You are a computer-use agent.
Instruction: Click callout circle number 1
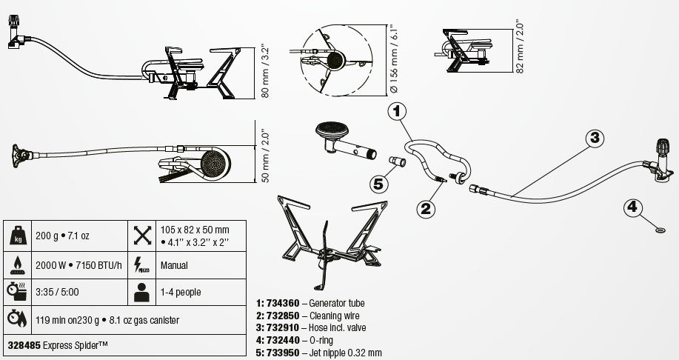(x=397, y=111)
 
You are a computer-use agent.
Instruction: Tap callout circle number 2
(x=426, y=209)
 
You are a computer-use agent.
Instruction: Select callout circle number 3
(x=595, y=138)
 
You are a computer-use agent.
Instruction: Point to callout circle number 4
(x=632, y=207)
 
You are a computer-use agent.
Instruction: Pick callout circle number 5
(x=379, y=184)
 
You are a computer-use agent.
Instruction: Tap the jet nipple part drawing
(x=397, y=161)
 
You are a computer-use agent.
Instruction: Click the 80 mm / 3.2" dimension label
(x=265, y=73)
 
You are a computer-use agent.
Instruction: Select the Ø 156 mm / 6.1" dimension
(x=394, y=59)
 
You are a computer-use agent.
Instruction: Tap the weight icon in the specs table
(x=17, y=236)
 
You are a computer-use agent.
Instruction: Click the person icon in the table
(x=141, y=293)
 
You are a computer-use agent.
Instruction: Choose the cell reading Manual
(x=174, y=265)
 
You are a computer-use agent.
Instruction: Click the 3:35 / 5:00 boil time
(x=57, y=292)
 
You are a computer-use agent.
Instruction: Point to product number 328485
(x=24, y=345)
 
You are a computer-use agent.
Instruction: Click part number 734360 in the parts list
(x=283, y=303)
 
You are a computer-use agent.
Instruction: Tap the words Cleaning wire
(x=334, y=316)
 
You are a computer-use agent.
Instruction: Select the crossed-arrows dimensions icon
(x=142, y=236)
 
